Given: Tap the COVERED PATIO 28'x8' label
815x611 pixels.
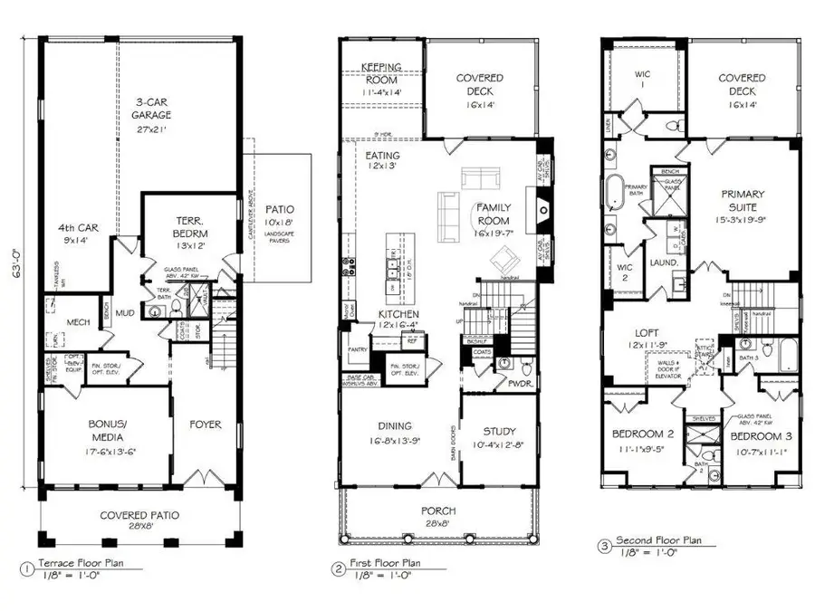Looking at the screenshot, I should [x=139, y=515].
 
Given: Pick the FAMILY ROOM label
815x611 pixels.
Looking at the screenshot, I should [x=494, y=214].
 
